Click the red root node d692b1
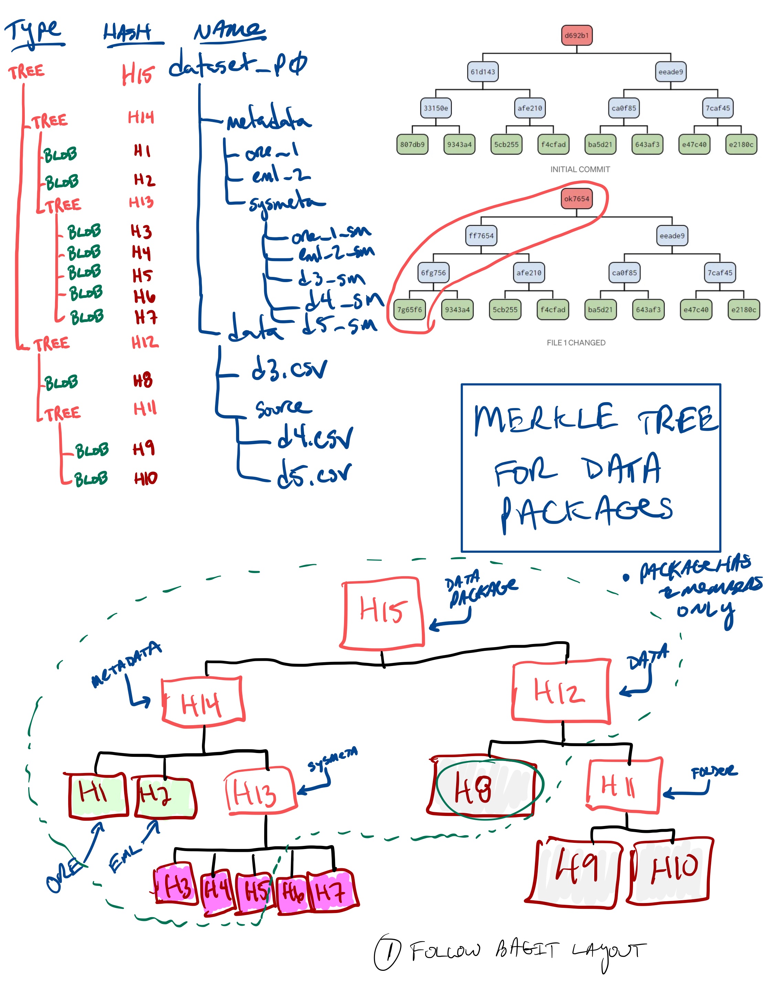576,35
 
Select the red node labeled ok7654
576,198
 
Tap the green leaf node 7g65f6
409,310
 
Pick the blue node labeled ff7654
481,236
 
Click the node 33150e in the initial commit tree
436,108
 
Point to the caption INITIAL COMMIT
580,169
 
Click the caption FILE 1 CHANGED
576,343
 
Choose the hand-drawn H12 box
561,691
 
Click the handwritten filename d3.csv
289,369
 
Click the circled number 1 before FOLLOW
387,952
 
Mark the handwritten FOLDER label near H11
714,772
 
